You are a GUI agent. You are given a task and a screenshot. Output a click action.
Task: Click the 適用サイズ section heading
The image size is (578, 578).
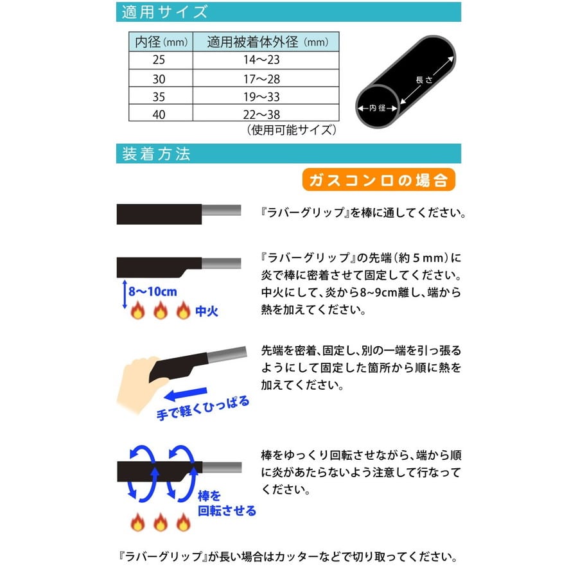(164, 12)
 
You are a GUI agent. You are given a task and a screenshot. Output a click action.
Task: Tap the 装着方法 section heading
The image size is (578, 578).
(156, 153)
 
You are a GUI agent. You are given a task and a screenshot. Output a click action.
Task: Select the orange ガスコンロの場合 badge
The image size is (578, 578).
(378, 180)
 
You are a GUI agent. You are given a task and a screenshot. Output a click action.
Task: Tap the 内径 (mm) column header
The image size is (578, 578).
(161, 42)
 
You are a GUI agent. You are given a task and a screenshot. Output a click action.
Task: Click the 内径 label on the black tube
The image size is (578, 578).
(378, 108)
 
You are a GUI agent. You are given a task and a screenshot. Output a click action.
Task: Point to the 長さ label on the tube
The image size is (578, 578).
(424, 80)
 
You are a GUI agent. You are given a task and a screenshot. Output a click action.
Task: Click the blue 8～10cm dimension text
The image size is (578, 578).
(153, 292)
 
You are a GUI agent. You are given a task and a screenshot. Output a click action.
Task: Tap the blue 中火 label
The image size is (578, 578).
(206, 311)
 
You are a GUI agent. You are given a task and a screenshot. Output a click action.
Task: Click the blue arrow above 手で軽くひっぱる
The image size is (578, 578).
(186, 394)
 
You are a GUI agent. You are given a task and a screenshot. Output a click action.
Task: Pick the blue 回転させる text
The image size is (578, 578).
(227, 511)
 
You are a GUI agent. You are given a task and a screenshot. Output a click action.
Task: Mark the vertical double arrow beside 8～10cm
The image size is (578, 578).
(125, 294)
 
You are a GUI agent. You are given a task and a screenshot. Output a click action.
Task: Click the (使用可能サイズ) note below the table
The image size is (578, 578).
(291, 130)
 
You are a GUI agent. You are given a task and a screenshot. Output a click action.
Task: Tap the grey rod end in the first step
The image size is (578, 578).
(221, 211)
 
